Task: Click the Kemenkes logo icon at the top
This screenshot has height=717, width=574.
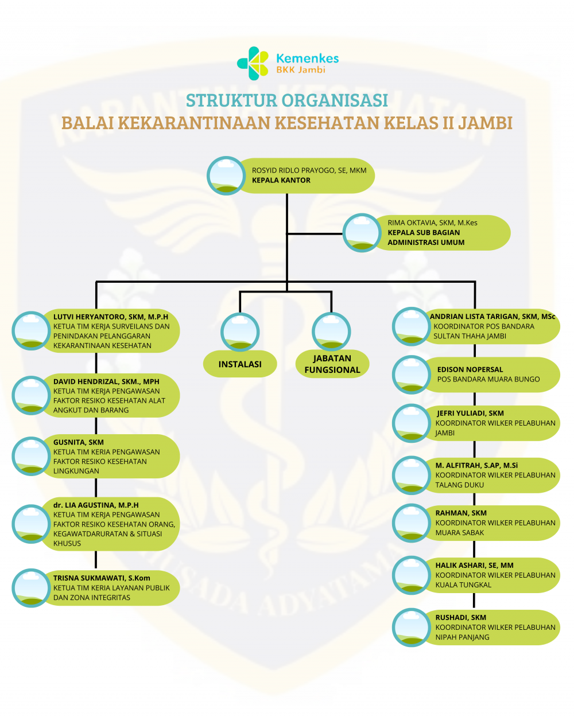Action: click(x=253, y=63)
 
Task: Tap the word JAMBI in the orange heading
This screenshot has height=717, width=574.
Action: click(x=485, y=123)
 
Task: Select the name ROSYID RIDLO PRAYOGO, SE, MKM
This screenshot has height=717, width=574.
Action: click(x=309, y=170)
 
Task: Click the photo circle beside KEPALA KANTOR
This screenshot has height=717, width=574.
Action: click(x=226, y=176)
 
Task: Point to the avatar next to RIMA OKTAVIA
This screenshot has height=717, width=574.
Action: click(x=362, y=233)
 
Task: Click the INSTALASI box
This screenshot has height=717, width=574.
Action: click(x=240, y=364)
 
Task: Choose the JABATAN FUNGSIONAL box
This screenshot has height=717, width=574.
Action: click(x=332, y=364)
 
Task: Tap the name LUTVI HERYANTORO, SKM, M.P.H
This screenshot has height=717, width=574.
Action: click(x=111, y=317)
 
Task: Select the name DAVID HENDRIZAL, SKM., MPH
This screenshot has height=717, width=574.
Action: click(x=106, y=381)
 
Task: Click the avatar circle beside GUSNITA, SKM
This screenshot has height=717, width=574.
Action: click(x=31, y=456)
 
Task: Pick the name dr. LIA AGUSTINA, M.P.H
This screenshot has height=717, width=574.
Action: click(x=96, y=505)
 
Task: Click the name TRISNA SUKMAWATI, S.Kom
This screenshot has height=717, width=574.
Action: click(x=102, y=578)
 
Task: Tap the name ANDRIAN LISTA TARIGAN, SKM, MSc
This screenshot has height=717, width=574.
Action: click(x=492, y=317)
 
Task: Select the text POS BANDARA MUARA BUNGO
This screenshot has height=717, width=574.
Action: click(x=488, y=379)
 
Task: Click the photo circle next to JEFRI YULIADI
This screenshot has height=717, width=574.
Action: click(x=412, y=423)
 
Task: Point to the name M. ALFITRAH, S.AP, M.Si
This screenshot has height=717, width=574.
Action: click(x=476, y=465)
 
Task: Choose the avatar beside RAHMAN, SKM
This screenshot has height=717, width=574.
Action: click(x=412, y=523)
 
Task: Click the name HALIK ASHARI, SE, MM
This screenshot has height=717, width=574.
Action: click(x=474, y=565)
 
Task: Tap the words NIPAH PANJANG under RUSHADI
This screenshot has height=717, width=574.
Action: click(x=462, y=637)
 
